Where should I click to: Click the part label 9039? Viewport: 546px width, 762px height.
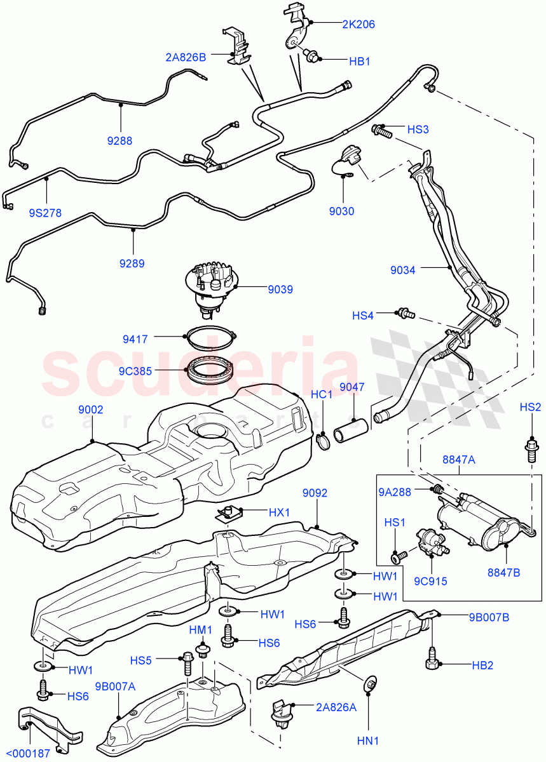point(280,290)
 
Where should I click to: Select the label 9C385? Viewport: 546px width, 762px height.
point(134,371)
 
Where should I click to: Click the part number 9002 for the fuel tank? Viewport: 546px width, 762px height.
point(90,411)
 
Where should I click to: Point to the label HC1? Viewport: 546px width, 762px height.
point(322,395)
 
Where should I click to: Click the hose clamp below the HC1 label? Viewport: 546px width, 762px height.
point(322,439)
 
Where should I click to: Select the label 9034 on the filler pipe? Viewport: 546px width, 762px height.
point(403,270)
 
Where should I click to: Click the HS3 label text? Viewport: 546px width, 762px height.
point(418,130)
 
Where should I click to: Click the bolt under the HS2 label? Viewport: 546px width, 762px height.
point(531,450)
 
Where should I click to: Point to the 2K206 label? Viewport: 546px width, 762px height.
point(358,25)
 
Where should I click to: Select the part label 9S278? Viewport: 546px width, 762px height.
point(45,213)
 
